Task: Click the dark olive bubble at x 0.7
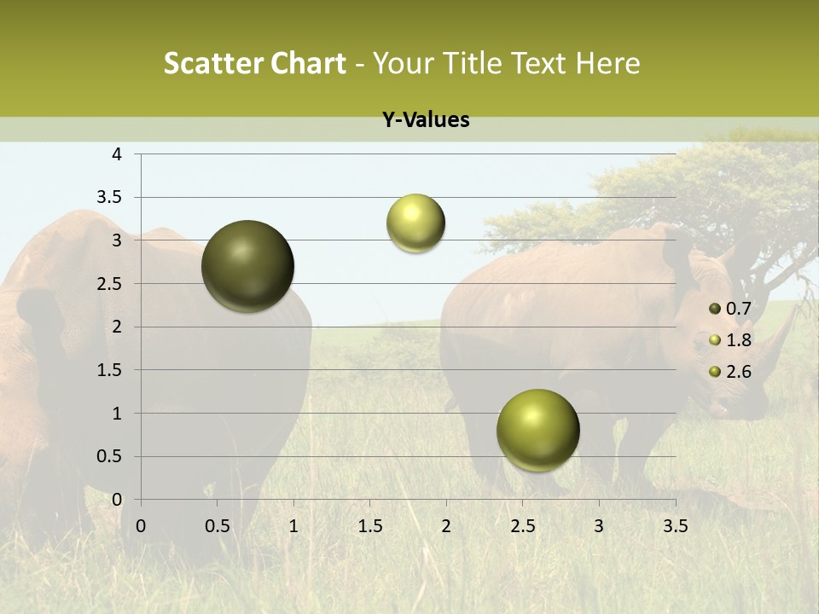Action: click(248, 266)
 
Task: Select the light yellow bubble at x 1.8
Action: click(415, 223)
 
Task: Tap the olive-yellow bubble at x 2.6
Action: click(537, 430)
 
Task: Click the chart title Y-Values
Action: click(425, 120)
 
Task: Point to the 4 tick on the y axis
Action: click(117, 154)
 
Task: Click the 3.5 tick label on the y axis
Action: click(110, 198)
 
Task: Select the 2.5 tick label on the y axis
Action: click(110, 284)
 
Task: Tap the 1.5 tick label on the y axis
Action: click(110, 370)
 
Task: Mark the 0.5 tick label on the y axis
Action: click(110, 456)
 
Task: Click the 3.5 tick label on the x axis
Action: click(675, 526)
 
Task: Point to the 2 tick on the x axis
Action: click(446, 526)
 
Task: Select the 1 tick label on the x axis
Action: click(293, 526)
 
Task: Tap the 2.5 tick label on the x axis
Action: click(522, 526)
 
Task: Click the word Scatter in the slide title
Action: click(212, 63)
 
